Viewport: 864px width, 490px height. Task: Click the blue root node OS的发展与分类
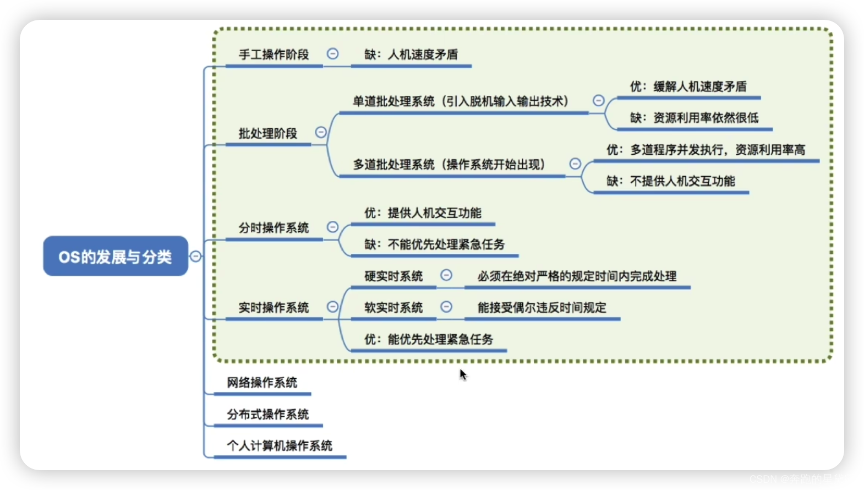coord(116,256)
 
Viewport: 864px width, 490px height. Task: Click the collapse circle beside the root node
coord(195,256)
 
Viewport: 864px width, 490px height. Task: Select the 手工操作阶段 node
coord(274,55)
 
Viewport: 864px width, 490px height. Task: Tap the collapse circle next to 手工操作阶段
coord(332,53)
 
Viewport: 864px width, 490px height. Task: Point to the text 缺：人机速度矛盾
coord(411,55)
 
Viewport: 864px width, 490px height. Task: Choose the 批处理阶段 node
coord(268,133)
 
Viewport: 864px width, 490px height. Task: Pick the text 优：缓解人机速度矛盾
coord(688,86)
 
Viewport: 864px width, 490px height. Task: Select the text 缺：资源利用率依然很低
coord(695,118)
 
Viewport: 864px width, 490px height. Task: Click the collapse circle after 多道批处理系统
coord(575,164)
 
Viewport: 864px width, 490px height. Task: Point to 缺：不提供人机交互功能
coord(671,181)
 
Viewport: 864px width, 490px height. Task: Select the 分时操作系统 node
coord(274,228)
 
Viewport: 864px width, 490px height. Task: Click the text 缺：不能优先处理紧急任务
coord(434,244)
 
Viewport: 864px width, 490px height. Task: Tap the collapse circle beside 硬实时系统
coord(446,275)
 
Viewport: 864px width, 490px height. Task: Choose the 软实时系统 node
coord(393,308)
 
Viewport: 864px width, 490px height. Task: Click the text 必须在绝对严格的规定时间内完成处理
coord(577,276)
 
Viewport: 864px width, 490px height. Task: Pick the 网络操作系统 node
coord(262,383)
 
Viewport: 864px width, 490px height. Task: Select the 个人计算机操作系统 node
coord(280,445)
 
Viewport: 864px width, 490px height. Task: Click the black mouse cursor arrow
coord(463,374)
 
